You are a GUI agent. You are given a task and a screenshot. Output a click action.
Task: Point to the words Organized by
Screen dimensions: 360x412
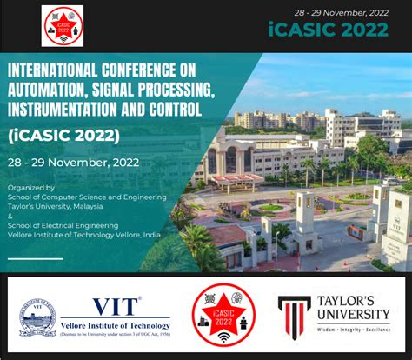coord(30,187)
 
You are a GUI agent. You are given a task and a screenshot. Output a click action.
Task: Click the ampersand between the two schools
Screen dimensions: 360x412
coord(10,213)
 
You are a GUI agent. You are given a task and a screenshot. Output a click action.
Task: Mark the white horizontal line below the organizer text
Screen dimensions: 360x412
coord(36,258)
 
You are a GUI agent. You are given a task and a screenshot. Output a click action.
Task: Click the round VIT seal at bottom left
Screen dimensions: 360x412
coord(37,318)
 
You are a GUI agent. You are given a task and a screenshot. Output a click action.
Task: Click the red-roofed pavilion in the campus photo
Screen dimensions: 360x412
coord(237,181)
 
